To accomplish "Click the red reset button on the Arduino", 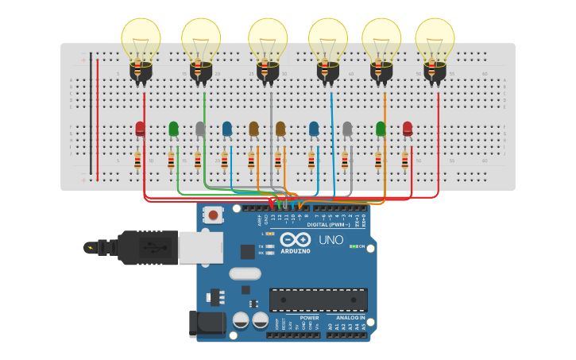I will (213, 214).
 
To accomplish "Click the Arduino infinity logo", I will (295, 239).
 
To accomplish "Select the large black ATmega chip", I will (318, 300).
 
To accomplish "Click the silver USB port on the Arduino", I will (200, 247).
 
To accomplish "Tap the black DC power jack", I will (203, 323).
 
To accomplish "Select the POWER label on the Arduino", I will (309, 318).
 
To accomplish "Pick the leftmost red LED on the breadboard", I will (140, 129).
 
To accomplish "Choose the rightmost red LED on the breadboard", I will (408, 129).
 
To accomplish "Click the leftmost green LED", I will (173, 129).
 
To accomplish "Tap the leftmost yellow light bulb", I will (141, 40).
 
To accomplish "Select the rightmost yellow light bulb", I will (435, 40).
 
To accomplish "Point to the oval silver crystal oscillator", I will (245, 274).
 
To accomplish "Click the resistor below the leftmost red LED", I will (137, 161).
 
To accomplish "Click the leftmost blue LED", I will (227, 129).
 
